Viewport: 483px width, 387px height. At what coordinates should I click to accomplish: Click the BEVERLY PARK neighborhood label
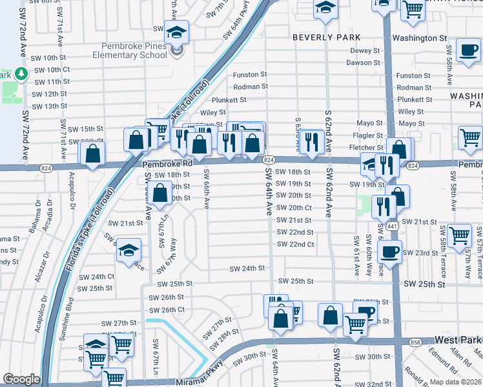pyautogui.click(x=326, y=37)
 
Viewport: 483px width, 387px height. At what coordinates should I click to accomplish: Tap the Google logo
pyautogui.click(x=21, y=379)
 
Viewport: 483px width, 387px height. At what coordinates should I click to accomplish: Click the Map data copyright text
pyautogui.click(x=455, y=382)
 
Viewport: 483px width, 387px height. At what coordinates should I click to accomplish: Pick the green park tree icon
pyautogui.click(x=20, y=74)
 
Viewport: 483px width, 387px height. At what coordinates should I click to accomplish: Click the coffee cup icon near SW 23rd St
pyautogui.click(x=389, y=251)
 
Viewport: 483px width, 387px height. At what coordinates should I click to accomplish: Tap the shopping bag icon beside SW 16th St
pyautogui.click(x=93, y=154)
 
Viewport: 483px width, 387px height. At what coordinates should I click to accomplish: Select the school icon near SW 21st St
pyautogui.click(x=129, y=250)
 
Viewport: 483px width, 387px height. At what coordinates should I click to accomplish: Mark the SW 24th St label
pyautogui.click(x=248, y=268)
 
